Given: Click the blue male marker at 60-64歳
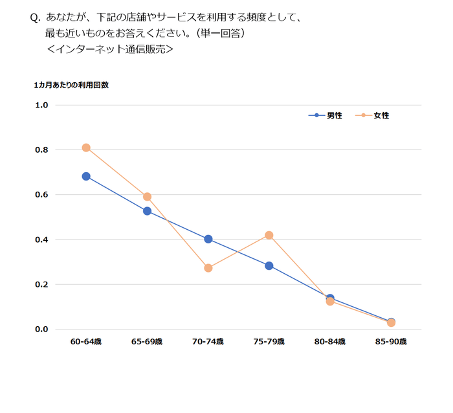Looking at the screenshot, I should tap(86, 176).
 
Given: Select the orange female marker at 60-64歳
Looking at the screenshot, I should tap(86, 148).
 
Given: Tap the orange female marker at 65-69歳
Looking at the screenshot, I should tap(147, 197).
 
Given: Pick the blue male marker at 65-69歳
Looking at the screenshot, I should tap(147, 211).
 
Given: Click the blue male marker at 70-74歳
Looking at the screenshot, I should tap(208, 239).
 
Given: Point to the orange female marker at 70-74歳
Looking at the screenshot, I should tap(208, 268).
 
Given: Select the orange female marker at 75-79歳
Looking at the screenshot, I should tap(269, 235).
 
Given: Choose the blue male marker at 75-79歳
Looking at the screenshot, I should tap(269, 265).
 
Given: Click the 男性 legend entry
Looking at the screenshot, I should tap(326, 115).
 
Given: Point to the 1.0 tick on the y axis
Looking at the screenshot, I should tap(42, 105).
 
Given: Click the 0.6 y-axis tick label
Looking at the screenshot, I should tap(42, 195).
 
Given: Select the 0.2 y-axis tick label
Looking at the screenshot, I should tap(42, 284).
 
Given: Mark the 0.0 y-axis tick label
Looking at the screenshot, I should tap(42, 329).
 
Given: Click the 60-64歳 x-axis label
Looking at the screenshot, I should tap(86, 341).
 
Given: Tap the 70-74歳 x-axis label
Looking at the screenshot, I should tap(208, 341).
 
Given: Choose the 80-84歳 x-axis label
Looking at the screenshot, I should tap(330, 341).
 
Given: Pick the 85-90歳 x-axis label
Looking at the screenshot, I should tap(391, 341).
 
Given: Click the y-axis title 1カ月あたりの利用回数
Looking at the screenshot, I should tap(71, 85).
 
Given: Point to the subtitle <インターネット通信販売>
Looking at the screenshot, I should tap(110, 49).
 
